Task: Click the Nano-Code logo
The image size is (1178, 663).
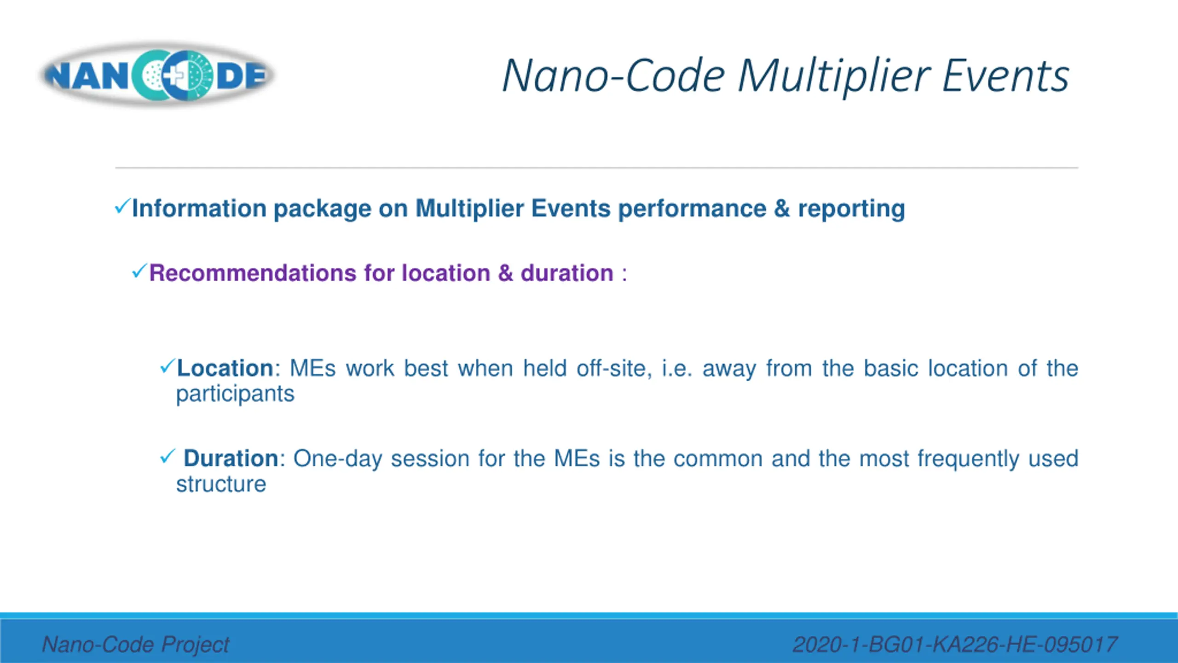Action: tap(156, 75)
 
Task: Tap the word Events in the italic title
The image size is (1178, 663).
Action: tap(1005, 76)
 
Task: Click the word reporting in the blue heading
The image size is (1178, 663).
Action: tap(851, 209)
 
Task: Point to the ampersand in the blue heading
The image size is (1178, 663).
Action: tap(782, 208)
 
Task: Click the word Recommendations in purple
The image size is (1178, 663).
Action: tap(253, 273)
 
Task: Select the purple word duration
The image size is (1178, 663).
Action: tap(567, 273)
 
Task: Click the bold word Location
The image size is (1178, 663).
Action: tap(225, 368)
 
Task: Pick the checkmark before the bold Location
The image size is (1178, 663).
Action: tap(168, 366)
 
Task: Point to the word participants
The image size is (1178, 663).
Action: tap(235, 395)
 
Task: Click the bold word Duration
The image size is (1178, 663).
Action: tap(231, 459)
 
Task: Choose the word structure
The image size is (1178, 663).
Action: tap(221, 484)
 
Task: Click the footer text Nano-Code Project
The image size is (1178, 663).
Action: tap(136, 644)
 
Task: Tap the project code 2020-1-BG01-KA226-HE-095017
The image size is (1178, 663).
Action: tap(955, 644)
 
